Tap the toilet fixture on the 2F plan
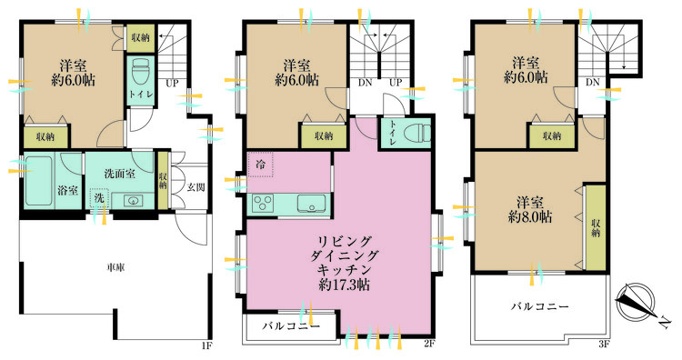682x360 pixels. (416, 133)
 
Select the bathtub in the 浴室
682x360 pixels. (38, 180)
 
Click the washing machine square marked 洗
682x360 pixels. (100, 198)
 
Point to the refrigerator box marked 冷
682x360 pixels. (260, 165)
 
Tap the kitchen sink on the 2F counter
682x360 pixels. (311, 204)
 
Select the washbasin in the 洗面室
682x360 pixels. (133, 200)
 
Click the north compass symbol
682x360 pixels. (636, 301)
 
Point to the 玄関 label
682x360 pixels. (196, 187)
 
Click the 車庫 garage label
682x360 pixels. (116, 267)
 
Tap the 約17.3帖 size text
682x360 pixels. (344, 285)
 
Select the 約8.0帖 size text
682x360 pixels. (530, 217)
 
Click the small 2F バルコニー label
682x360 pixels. (291, 325)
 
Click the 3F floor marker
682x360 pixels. (604, 345)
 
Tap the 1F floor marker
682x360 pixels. (206, 346)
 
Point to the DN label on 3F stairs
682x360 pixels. (592, 82)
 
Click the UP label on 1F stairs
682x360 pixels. (172, 83)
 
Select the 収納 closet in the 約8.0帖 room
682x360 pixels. (596, 228)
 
